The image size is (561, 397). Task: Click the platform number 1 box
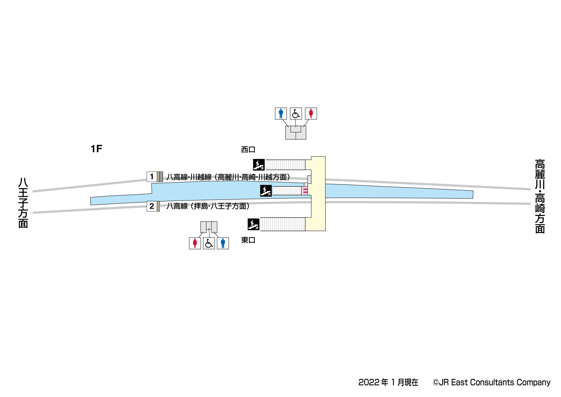point(152,177)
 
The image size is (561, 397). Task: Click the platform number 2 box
point(152,206)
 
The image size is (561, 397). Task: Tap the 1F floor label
point(96,149)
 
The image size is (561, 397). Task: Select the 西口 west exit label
point(248,149)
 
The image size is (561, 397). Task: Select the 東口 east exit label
point(248,240)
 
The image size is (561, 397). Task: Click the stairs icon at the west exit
point(259,165)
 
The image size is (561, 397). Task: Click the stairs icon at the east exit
point(254,224)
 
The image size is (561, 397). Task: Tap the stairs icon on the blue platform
point(266,191)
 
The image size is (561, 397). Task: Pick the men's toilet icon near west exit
point(281,113)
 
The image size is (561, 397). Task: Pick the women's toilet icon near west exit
point(311,113)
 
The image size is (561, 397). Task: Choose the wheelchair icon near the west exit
point(296,113)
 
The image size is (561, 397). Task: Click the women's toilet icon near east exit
point(195,243)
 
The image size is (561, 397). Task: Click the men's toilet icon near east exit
point(223,243)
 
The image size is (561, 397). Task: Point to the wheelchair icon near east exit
point(209,243)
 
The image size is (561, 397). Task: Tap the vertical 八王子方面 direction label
point(23,203)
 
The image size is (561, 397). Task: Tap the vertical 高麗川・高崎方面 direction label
point(540,196)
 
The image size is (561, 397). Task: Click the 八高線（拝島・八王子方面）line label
point(208,206)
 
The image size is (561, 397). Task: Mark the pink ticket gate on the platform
point(305,191)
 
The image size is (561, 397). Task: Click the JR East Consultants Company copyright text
point(492,382)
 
